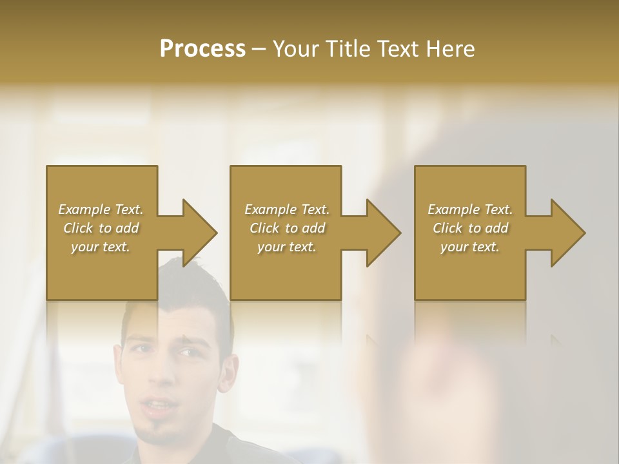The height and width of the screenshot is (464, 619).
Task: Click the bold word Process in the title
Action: pos(202,49)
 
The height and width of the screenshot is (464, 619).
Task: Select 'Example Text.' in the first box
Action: pos(101,209)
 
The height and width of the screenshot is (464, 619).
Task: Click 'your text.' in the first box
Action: pos(101,247)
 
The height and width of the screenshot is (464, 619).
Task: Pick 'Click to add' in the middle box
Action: pos(287,228)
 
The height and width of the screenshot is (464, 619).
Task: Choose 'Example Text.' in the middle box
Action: pos(287,209)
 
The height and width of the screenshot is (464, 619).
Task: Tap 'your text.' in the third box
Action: pos(470,247)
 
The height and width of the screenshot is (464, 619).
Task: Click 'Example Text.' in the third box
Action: pos(470,209)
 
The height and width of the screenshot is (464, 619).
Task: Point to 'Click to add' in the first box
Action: pos(101,228)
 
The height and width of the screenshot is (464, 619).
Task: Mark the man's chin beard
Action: pos(155,433)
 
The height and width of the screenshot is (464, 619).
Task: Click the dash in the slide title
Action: pos(259,49)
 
